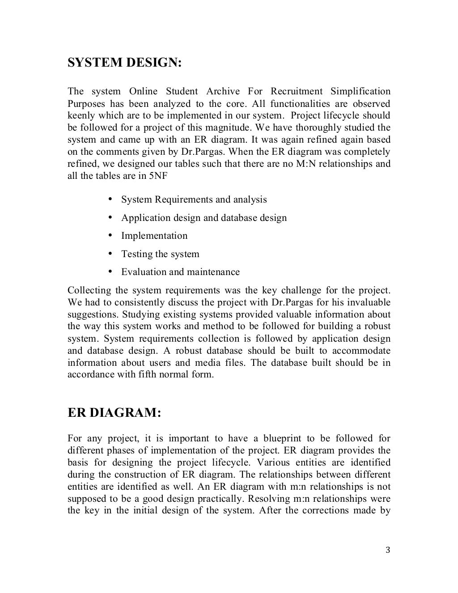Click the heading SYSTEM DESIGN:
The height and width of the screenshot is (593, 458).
pos(124,63)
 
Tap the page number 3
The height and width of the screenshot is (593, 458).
pos(388,550)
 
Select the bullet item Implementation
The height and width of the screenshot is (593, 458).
pos(154,236)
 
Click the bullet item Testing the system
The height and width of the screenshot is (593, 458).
pos(160,254)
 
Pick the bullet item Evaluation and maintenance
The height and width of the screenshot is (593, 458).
pos(180,272)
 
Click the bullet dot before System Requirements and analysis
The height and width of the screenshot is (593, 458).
pos(110,199)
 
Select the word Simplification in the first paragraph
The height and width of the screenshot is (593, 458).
pos(360,92)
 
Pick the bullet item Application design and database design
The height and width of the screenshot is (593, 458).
pos(204,218)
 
